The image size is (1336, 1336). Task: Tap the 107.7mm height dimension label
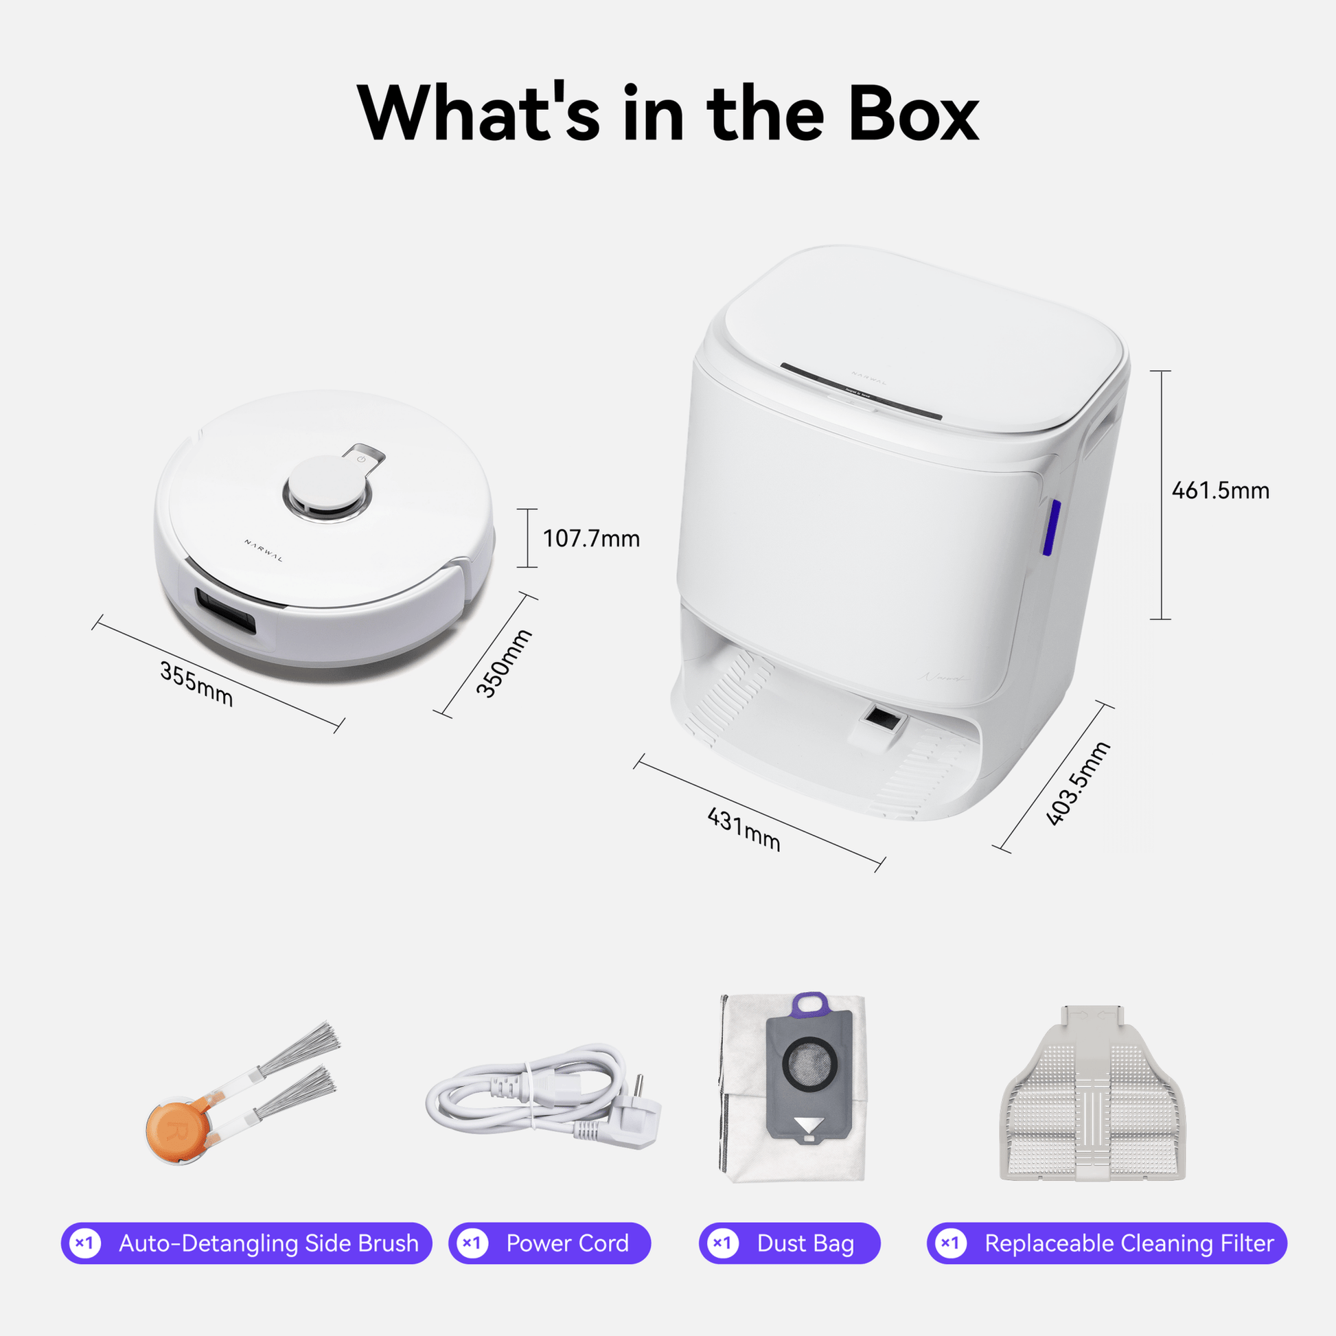coord(591,539)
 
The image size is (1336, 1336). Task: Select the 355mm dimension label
coord(196,684)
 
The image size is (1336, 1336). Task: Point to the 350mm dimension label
coord(504,663)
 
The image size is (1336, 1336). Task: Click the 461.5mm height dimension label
coord(1221,491)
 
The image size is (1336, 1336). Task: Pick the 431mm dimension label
coord(744,829)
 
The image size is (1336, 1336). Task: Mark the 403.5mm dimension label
coord(1077,783)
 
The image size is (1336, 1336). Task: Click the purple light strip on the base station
coord(1051,528)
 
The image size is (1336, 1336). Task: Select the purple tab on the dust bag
coord(810,1005)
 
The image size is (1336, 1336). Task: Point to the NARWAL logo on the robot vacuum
coord(264,551)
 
